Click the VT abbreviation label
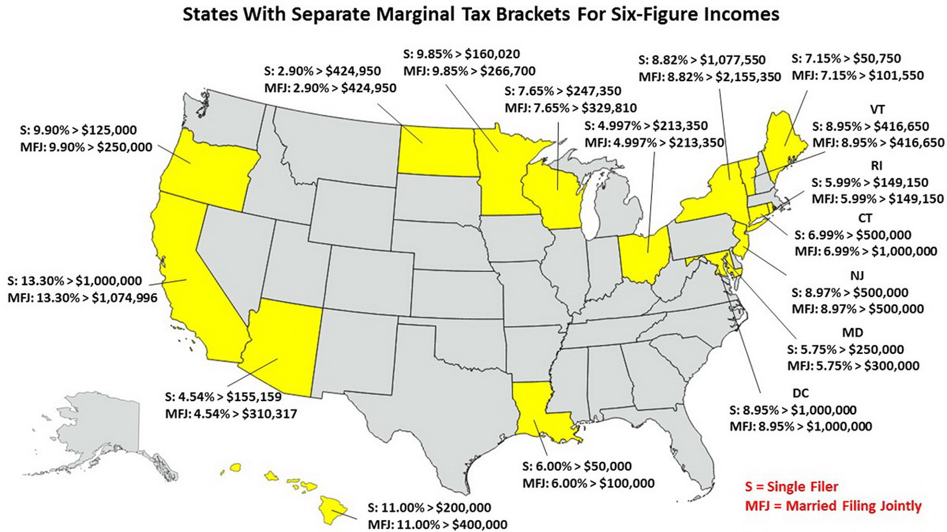877,110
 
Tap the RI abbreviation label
876,166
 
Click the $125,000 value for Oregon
109,130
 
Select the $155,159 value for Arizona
254,397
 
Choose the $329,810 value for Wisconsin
604,108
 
